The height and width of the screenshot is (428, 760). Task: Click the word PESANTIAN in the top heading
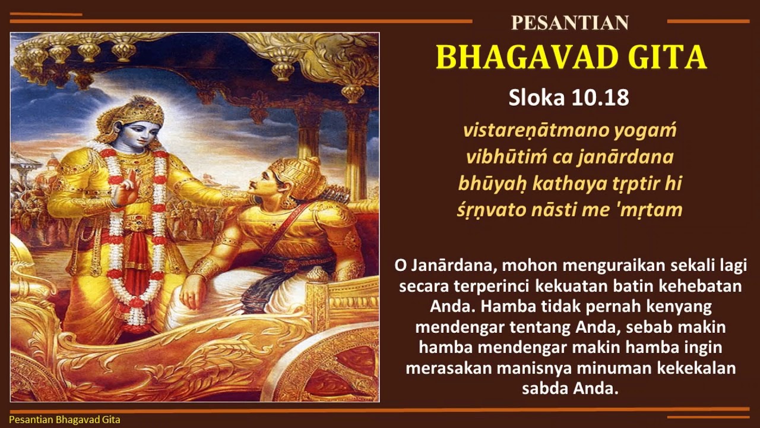pos(569,23)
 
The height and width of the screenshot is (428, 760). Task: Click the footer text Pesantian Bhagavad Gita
pos(65,420)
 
